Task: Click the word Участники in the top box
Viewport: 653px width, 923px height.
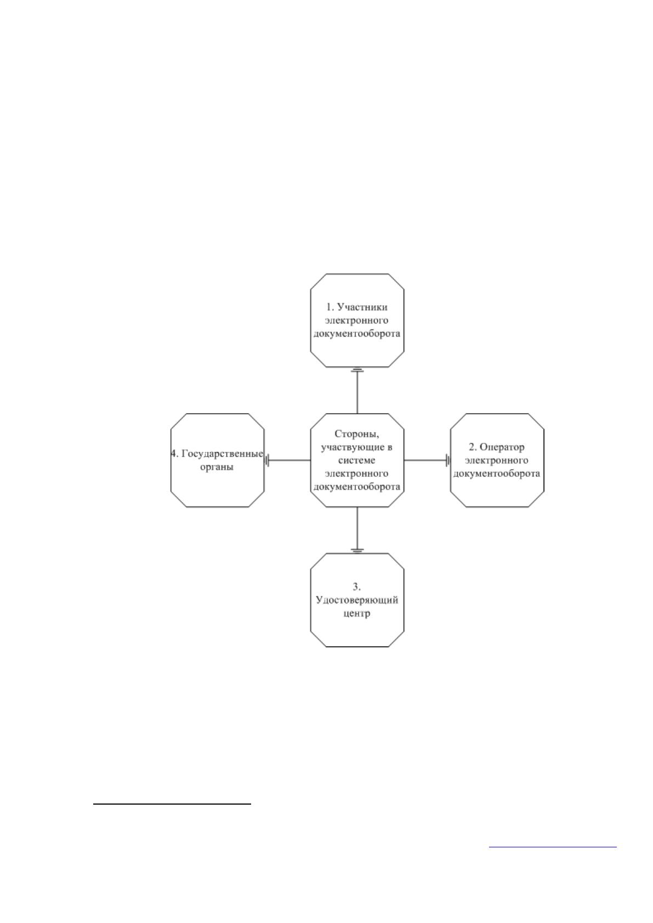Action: click(x=362, y=307)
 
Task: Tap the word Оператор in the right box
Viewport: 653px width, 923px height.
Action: click(x=502, y=447)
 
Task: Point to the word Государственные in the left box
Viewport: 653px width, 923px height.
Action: click(x=222, y=454)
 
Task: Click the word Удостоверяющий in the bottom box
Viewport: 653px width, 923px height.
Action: click(x=357, y=600)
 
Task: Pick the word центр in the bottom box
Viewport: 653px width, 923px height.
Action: click(x=357, y=613)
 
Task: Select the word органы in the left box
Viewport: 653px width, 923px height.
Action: click(x=217, y=468)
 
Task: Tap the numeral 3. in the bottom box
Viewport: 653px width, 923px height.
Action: click(x=357, y=586)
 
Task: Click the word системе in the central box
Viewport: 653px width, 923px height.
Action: click(x=356, y=460)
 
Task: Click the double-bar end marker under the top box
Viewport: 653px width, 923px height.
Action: click(x=357, y=371)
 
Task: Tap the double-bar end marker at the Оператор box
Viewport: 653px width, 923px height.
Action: click(x=448, y=460)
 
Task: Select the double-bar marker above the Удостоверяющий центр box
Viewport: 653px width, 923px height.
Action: click(x=357, y=550)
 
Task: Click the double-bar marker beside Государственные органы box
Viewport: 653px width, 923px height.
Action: click(x=267, y=460)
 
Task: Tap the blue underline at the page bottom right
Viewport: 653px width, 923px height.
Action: click(x=553, y=847)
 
